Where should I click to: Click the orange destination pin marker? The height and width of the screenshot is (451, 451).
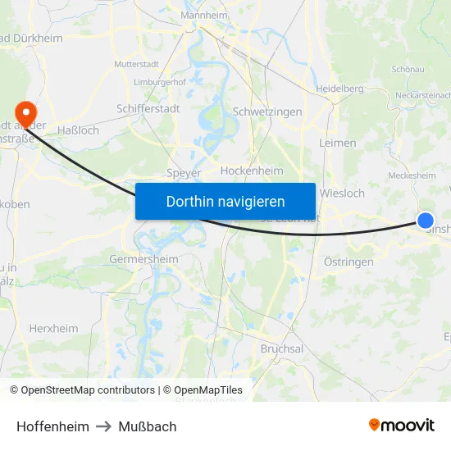click(25, 112)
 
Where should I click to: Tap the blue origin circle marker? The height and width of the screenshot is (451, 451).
click(426, 220)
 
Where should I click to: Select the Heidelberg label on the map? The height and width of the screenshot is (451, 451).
click(339, 89)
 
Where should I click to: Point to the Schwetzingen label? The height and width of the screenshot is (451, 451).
click(267, 112)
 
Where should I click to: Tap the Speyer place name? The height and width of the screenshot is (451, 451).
click(183, 172)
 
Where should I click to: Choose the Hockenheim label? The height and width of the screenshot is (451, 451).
click(252, 171)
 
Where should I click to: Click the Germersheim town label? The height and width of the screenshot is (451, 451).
click(143, 259)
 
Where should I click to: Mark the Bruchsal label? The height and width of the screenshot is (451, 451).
click(281, 348)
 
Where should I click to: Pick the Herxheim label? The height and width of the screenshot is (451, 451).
click(54, 328)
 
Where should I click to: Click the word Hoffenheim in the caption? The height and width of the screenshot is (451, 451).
click(52, 426)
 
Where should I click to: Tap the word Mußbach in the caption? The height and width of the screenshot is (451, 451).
click(148, 426)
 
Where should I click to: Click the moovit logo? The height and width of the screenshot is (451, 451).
click(402, 425)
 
